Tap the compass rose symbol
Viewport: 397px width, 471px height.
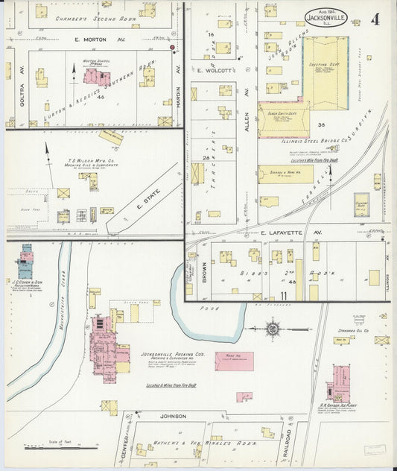point(273,327)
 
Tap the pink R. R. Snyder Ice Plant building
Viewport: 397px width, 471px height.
point(340,383)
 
